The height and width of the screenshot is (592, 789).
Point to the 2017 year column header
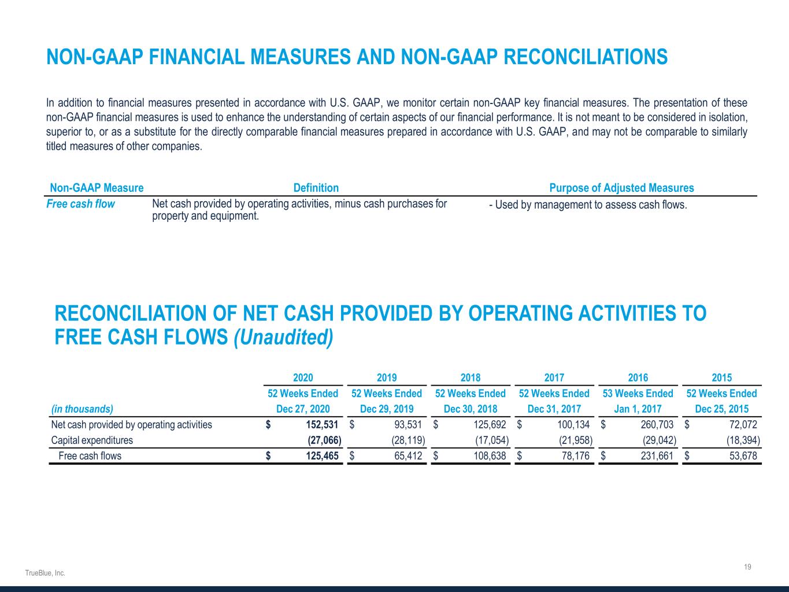(x=554, y=378)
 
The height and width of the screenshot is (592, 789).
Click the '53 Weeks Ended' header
(x=638, y=393)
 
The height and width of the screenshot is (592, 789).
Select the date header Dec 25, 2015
(x=721, y=409)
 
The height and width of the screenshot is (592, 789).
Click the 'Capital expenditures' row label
(x=92, y=440)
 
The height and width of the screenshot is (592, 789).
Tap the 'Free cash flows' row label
(x=90, y=456)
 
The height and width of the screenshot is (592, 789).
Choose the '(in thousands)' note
(x=82, y=409)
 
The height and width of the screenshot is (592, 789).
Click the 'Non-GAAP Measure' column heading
(x=97, y=188)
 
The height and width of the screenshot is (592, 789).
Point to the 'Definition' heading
(x=316, y=188)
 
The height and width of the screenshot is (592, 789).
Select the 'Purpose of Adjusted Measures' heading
(x=621, y=188)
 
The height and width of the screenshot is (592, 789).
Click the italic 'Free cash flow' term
(x=80, y=204)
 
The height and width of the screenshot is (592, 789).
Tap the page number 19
(x=747, y=567)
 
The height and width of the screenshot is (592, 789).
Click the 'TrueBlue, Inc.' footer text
(x=45, y=573)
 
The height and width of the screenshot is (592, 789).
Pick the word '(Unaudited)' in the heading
(x=283, y=338)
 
